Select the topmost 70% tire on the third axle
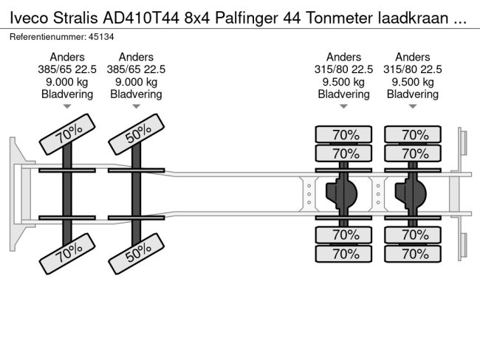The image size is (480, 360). [344, 134]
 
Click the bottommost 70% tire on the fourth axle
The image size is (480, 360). [413, 254]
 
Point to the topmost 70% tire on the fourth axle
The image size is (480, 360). [413, 134]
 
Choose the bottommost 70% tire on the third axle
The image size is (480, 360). [344, 254]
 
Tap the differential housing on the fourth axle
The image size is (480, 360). [412, 194]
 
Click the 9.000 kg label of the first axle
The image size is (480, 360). [67, 82]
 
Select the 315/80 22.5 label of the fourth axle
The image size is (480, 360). [413, 69]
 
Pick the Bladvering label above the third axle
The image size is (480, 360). [344, 94]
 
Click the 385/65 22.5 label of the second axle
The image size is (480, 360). [136, 69]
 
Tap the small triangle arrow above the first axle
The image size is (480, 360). [67, 108]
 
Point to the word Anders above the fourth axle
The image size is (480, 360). [413, 57]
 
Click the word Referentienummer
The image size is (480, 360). [41, 36]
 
